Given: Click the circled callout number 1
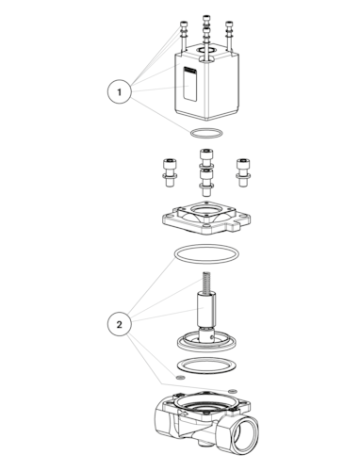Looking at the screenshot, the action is pos(119,92).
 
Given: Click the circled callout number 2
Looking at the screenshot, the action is pos(119,324).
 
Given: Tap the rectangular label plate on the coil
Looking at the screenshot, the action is pos(190,84).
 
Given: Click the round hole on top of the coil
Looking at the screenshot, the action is pos(206,50).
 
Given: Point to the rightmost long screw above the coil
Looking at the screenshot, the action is pos(229,36).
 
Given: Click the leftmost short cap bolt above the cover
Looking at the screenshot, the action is pos(170,173).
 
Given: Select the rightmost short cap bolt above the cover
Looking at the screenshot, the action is pos(243,173).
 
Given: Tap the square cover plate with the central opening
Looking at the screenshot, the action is pos(206,218).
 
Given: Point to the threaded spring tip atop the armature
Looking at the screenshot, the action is pos(206,282).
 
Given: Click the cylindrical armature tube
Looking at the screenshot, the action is pos(206,309).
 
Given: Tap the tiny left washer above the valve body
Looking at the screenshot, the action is pos(180,377).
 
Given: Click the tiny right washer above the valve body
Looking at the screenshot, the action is pos(233,391).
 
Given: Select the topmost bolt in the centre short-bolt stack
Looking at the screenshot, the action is pos(207,158).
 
